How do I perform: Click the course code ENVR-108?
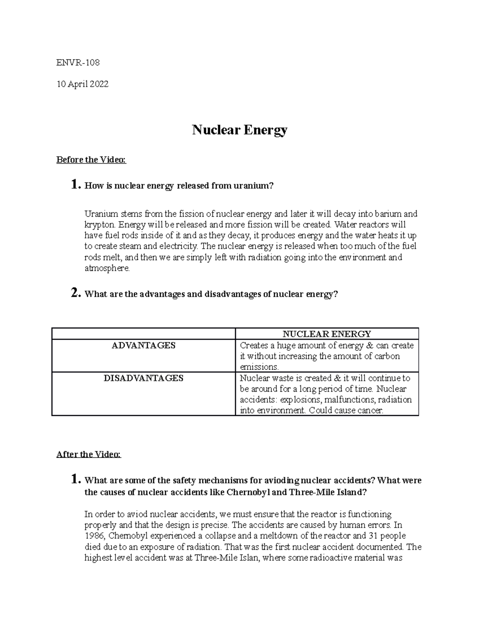tap(78, 62)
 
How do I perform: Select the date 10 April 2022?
tap(83, 84)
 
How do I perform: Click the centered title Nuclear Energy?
tap(240, 130)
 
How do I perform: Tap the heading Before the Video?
tap(91, 160)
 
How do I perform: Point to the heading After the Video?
tap(88, 454)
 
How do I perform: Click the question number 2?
tap(76, 294)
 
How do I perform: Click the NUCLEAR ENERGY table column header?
tap(327, 334)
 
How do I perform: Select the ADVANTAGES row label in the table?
tap(143, 345)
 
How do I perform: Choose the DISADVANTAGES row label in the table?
tap(143, 378)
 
